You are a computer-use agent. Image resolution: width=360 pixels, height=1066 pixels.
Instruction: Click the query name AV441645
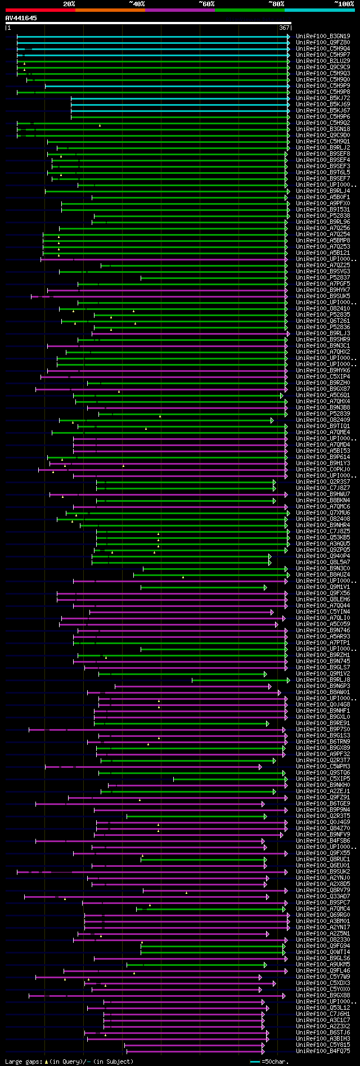coord(21,18)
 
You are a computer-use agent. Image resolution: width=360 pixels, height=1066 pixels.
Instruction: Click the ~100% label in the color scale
coord(344,3)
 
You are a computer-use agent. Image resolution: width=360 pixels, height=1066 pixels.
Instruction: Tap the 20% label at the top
coord(69,3)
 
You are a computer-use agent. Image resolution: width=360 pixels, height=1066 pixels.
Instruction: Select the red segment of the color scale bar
coord(40,10)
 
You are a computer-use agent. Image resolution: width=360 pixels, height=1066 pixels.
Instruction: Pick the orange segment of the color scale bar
coord(110,10)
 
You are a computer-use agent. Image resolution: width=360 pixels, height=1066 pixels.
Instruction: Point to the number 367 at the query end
coord(283,28)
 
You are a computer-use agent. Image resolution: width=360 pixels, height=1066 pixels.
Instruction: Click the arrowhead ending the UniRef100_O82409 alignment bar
coord(272,420)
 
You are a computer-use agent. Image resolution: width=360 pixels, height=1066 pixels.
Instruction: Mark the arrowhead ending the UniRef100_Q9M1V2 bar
coord(266,674)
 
